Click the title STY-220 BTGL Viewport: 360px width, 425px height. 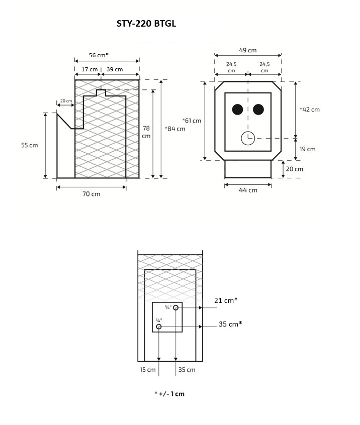coord(146,24)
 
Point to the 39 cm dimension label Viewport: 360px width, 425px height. coord(115,69)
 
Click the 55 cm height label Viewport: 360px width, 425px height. coord(30,145)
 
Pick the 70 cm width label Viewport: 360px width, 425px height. coord(91,194)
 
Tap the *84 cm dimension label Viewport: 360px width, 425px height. coord(175,129)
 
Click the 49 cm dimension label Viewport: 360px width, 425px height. coord(248,50)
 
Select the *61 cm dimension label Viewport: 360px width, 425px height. coord(192,121)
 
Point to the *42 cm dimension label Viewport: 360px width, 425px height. coord(309,109)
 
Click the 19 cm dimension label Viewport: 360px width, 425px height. coord(307,149)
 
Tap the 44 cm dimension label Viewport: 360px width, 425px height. coord(248,190)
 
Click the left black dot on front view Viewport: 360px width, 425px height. coord(237,109)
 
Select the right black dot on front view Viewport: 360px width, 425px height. coord(259,109)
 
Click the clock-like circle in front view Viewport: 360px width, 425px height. coord(248,138)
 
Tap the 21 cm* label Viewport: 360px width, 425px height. coord(226,300)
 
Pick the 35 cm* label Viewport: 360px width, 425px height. coord(230,324)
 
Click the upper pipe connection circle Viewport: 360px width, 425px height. coord(175,307)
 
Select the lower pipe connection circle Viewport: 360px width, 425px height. coord(159,327)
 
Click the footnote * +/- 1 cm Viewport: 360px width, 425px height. coord(169,394)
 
